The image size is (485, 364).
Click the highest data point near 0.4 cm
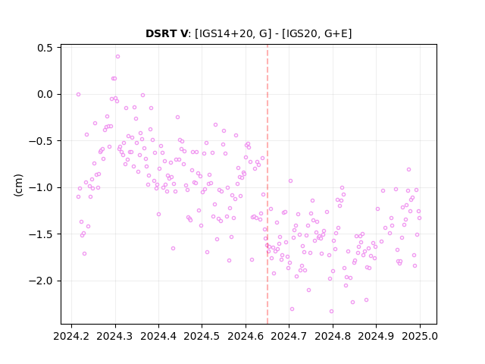pos(117,56)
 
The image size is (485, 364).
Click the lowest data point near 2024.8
pos(331,311)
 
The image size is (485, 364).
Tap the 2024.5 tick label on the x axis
pos(202,336)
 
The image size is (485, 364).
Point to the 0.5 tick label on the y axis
pos(45,48)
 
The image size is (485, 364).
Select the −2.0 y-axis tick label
pos(41,281)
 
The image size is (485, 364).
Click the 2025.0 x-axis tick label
pos(420,336)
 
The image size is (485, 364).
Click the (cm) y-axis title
pos(18,185)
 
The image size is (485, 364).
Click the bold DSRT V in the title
pos(167,33)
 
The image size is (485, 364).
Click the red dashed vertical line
pos(268,184)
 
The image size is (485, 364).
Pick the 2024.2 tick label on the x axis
pos(71,336)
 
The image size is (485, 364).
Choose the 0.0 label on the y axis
pos(45,94)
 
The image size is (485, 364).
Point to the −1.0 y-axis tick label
pos(41,187)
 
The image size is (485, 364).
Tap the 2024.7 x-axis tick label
pos(289,336)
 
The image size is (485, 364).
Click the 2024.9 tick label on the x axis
pos(376,336)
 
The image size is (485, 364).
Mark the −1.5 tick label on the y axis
pos(41,234)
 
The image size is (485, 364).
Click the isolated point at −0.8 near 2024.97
pos(408,169)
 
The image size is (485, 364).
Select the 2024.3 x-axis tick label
pos(115,336)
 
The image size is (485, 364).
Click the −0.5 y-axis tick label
pos(41,141)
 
